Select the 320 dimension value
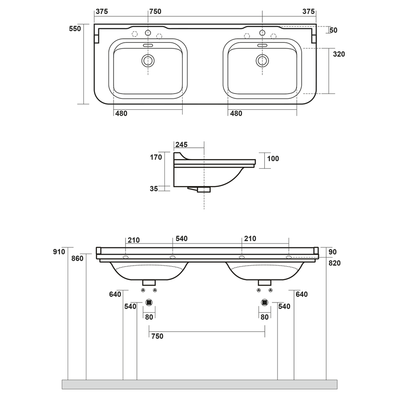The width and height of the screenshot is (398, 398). tap(339, 54)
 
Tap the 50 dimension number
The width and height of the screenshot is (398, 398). tap(333, 31)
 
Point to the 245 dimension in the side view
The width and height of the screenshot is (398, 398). tap(181, 144)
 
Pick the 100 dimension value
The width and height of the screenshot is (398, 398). tap(273, 159)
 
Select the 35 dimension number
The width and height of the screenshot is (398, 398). tap(153, 189)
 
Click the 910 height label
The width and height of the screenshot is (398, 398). tap(59, 251)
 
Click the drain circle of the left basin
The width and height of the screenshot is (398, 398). tap(148, 60)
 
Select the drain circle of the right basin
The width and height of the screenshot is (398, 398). tap(262, 60)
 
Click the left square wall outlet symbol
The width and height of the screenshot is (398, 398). tap(149, 303)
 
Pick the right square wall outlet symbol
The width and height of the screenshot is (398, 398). tap(265, 303)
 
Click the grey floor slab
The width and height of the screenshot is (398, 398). tap(199, 384)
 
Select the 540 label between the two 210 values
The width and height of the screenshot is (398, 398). tap(182, 239)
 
